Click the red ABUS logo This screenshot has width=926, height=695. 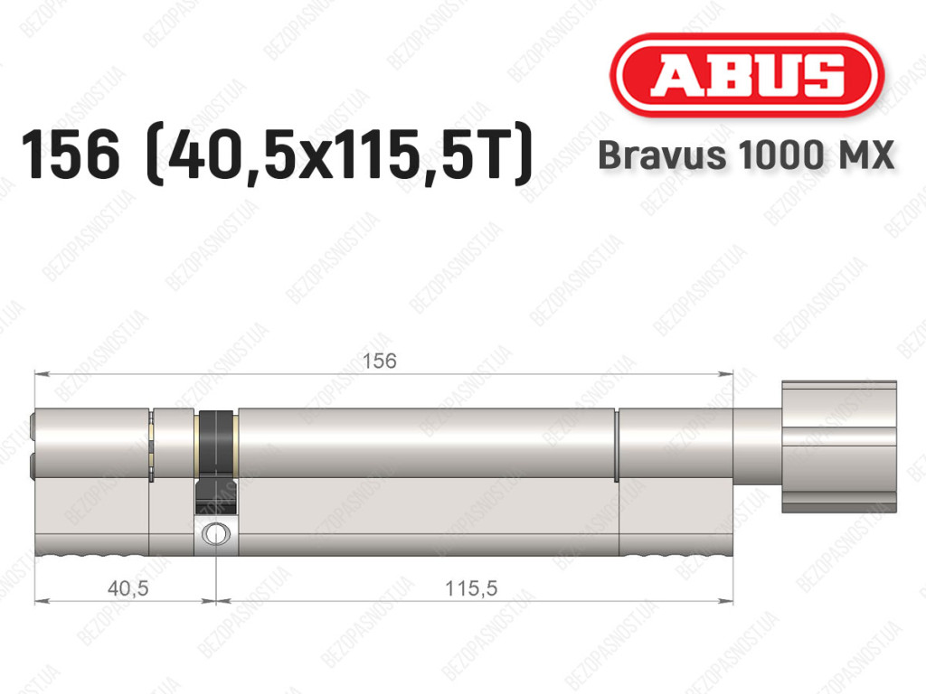[746, 75]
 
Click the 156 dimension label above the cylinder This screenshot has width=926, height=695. [379, 362]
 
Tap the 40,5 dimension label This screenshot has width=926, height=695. [128, 588]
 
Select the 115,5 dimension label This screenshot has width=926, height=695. [471, 588]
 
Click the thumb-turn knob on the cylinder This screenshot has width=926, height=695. [839, 446]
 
